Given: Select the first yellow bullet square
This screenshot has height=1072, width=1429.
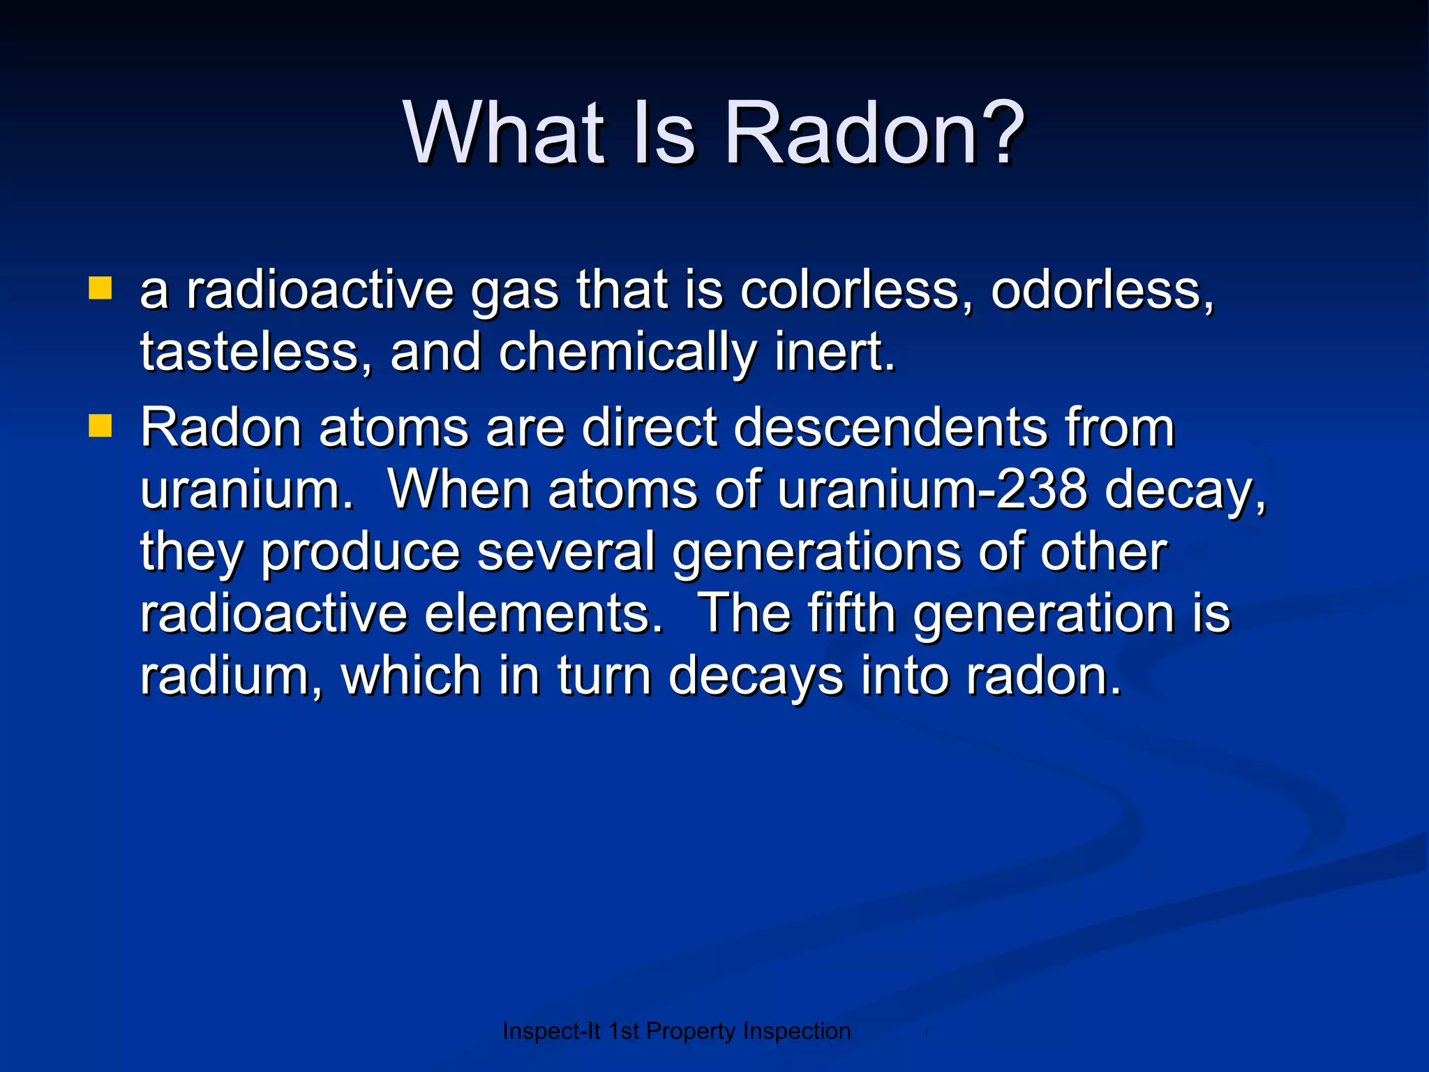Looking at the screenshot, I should [x=100, y=288].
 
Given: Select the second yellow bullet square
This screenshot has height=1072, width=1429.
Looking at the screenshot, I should [x=100, y=425].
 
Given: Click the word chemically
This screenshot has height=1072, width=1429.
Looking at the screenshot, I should [x=627, y=353].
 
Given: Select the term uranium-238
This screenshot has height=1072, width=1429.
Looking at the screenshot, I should [x=932, y=489].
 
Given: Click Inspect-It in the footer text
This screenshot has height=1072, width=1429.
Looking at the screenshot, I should [x=551, y=1032].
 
